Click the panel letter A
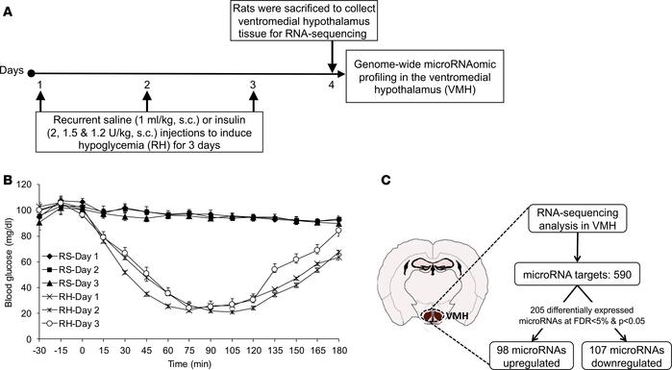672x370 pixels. [x=8, y=8]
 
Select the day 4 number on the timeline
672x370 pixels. [x=332, y=85]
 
